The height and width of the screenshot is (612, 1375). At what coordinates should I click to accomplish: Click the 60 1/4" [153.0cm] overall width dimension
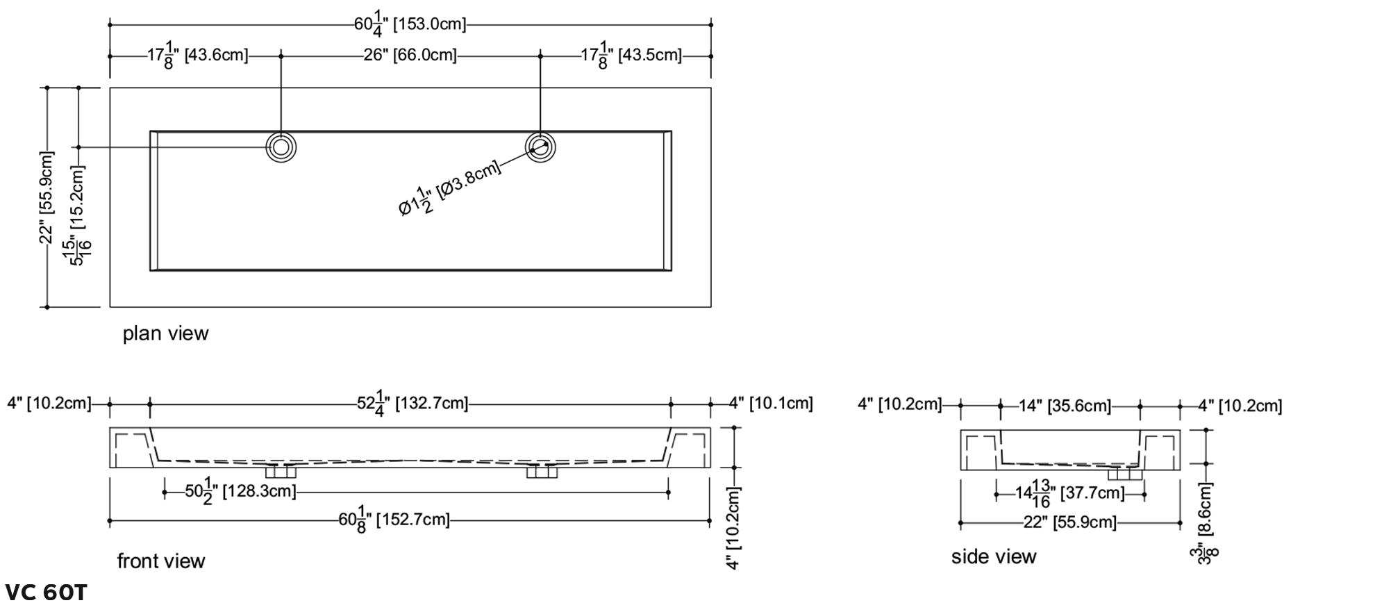(410, 24)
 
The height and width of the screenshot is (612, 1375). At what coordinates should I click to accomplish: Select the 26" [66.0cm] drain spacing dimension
(410, 55)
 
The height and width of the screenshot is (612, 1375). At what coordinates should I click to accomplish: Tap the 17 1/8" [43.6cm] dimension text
(197, 55)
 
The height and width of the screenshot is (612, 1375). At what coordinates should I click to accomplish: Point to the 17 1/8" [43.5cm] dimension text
(631, 55)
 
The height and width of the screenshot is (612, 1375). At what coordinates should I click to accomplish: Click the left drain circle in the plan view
(281, 147)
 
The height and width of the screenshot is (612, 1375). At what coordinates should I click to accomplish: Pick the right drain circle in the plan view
(540, 147)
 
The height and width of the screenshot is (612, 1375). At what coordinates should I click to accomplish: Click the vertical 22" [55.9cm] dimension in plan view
(47, 197)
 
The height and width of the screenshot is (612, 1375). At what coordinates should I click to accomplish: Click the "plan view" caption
(165, 333)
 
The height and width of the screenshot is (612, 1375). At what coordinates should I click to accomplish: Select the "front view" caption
(161, 561)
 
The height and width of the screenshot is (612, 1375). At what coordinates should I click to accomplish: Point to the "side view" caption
(994, 556)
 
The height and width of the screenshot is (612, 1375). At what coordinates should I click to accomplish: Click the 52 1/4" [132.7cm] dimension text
(412, 403)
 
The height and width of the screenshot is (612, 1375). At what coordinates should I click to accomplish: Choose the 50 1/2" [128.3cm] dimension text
(240, 491)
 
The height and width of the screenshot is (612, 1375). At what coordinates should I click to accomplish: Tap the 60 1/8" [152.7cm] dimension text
(394, 520)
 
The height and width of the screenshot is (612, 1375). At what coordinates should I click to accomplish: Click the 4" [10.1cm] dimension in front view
(771, 403)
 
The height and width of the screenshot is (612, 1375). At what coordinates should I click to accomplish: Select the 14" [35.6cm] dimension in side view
(1065, 406)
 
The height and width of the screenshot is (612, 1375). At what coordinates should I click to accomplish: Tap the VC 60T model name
(46, 593)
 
